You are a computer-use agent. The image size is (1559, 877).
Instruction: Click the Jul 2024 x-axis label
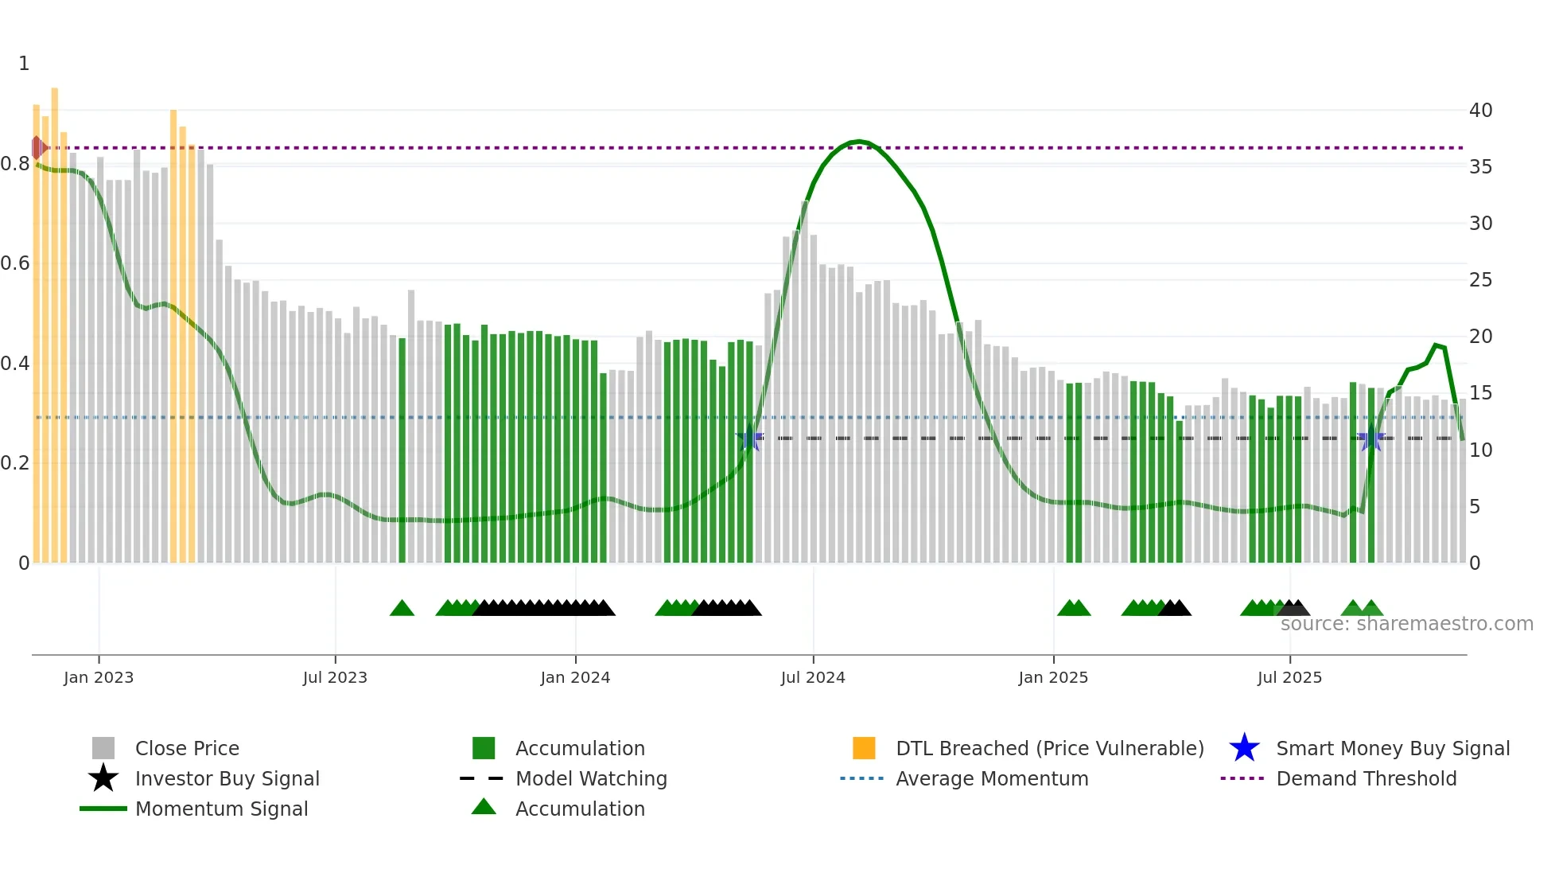click(x=812, y=677)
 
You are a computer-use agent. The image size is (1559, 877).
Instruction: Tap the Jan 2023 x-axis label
click(x=99, y=677)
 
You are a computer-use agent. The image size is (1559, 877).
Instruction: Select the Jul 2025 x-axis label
click(x=1289, y=677)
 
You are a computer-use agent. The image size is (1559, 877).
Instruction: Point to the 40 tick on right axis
click(x=1480, y=111)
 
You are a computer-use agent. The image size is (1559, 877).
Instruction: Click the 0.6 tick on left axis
click(x=15, y=263)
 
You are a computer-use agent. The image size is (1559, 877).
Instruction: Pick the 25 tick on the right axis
click(x=1480, y=280)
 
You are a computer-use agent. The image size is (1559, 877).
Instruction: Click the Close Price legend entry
click(x=187, y=748)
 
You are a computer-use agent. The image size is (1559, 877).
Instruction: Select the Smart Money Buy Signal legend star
click(x=1244, y=748)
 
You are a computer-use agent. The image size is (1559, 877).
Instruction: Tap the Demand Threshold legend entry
click(x=1366, y=778)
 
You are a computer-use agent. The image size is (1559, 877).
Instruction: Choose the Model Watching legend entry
click(x=591, y=778)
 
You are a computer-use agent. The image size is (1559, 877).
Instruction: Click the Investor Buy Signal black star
click(x=103, y=778)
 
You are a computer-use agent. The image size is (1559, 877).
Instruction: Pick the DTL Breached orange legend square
click(x=864, y=748)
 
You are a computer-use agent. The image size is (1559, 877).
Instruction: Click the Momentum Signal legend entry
click(x=221, y=809)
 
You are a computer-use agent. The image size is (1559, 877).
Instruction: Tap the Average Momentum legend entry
click(x=991, y=778)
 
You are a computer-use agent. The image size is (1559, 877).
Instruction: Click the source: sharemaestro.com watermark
click(x=1406, y=624)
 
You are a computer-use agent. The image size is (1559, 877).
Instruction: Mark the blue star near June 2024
click(x=749, y=438)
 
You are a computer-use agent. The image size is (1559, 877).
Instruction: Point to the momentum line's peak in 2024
click(x=857, y=142)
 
